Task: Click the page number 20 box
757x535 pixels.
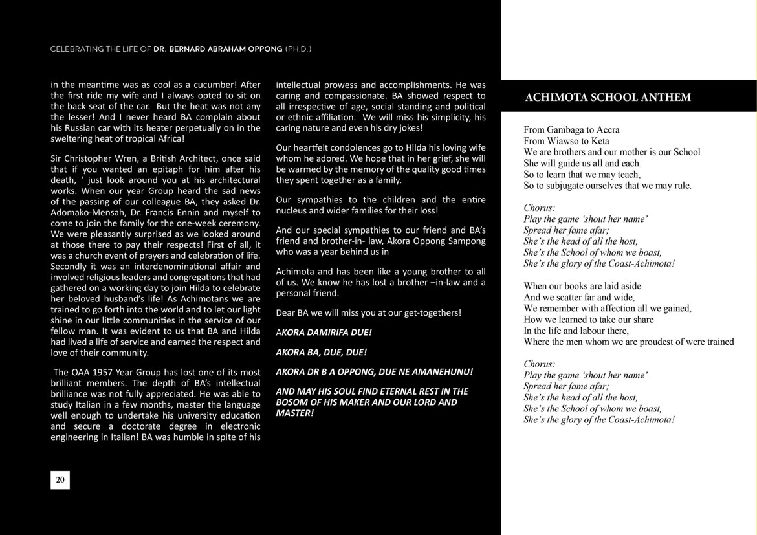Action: pyautogui.click(x=60, y=480)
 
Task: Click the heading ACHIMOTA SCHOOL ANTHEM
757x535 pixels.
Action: pyautogui.click(x=608, y=98)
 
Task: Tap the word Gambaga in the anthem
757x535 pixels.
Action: pyautogui.click(x=570, y=130)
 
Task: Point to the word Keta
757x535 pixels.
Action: pyautogui.click(x=600, y=141)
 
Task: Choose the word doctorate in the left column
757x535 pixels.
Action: pyautogui.click(x=144, y=426)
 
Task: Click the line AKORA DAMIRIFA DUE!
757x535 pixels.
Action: pyautogui.click(x=324, y=333)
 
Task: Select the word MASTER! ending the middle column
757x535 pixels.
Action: pyautogui.click(x=294, y=413)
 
